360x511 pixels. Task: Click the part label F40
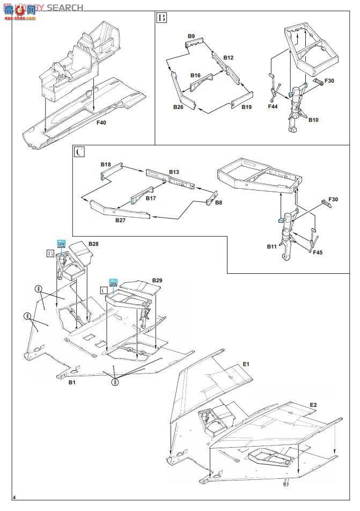pyautogui.click(x=101, y=122)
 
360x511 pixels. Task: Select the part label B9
pyautogui.click(x=191, y=36)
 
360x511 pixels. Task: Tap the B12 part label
pyautogui.click(x=229, y=57)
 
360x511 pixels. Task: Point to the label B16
pyautogui.click(x=195, y=76)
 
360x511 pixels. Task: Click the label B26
pyautogui.click(x=178, y=107)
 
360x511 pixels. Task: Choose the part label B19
pyautogui.click(x=246, y=107)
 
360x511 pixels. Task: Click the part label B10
pyautogui.click(x=313, y=120)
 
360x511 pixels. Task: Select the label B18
pyautogui.click(x=106, y=164)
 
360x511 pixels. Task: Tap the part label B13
pyautogui.click(x=174, y=172)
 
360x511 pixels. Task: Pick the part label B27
pyautogui.click(x=120, y=220)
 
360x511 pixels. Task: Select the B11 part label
pyautogui.click(x=271, y=246)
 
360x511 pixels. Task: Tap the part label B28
pyautogui.click(x=93, y=244)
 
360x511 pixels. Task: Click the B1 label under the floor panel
pyautogui.click(x=71, y=383)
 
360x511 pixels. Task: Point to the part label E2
pyautogui.click(x=312, y=404)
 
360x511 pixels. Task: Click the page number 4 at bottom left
pyautogui.click(x=14, y=501)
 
